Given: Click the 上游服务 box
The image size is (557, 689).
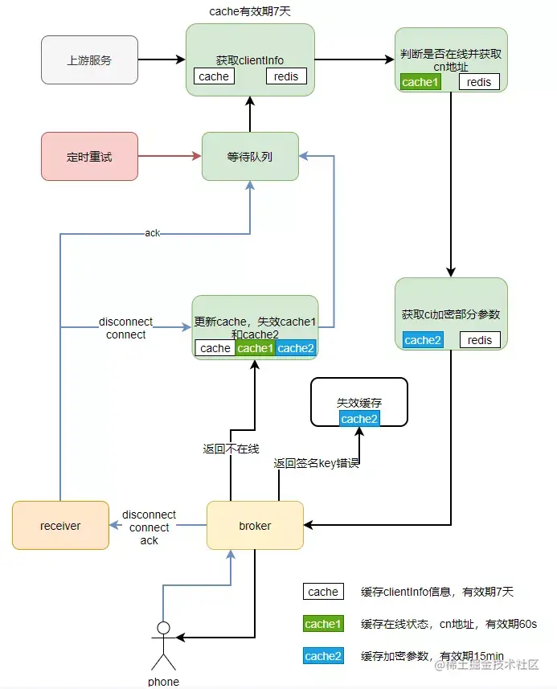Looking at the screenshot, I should (x=89, y=59).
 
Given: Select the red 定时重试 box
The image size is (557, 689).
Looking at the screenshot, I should (x=89, y=156).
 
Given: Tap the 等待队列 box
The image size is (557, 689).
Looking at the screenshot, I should (x=250, y=156).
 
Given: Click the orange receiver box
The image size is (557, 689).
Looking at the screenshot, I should (x=60, y=526).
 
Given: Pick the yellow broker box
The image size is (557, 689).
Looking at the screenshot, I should (x=255, y=526).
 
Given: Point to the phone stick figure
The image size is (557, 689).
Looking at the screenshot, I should (x=164, y=643).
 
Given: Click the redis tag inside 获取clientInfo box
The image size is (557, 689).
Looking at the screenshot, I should (x=286, y=76).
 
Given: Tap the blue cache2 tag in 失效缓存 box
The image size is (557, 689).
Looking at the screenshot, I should (x=359, y=419).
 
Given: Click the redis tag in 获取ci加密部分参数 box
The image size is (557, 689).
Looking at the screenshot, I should (x=480, y=340).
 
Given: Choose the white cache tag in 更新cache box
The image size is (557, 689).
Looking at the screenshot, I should (x=215, y=348).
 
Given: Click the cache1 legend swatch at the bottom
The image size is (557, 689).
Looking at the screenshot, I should (x=323, y=624).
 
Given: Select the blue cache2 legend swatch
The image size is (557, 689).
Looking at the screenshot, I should (x=323, y=656).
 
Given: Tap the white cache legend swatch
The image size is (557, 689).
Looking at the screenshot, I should (x=323, y=592).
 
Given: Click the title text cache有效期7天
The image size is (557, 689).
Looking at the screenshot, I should (x=249, y=11).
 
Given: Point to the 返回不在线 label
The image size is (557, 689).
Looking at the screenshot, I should (x=231, y=449).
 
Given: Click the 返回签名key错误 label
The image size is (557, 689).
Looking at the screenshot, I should (x=315, y=464).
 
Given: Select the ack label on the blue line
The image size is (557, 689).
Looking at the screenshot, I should (x=152, y=233).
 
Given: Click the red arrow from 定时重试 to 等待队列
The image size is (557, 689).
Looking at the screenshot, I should (x=170, y=156).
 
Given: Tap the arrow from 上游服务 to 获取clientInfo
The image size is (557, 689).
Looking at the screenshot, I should (x=162, y=59).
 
